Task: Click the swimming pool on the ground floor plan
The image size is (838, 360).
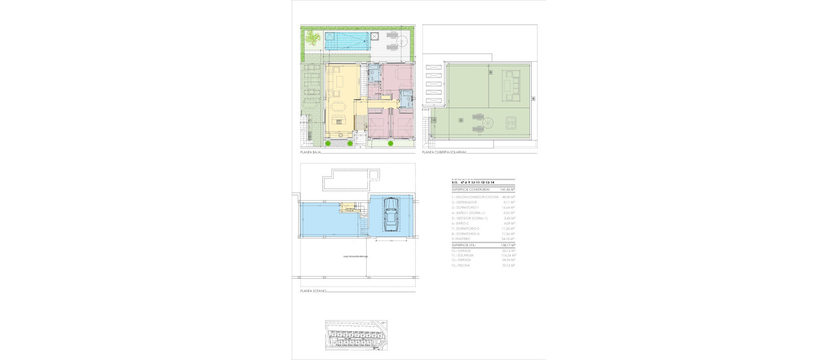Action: click(347, 41)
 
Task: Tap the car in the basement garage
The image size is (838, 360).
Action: click(391, 215)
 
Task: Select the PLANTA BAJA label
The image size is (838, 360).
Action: click(310, 152)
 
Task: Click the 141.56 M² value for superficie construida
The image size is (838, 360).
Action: click(507, 190)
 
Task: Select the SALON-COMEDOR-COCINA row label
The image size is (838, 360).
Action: click(475, 197)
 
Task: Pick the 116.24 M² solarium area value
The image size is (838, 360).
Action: click(508, 255)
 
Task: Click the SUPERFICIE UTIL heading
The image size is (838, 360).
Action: click(464, 245)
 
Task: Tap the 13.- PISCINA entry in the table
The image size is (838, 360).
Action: click(461, 265)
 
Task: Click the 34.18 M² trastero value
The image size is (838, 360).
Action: click(508, 239)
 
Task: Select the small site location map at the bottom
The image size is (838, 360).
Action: click(356, 335)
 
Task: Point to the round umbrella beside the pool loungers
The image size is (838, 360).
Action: click(402, 41)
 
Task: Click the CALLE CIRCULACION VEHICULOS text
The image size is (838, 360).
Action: click(356, 256)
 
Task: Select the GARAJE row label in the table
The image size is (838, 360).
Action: click(461, 250)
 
